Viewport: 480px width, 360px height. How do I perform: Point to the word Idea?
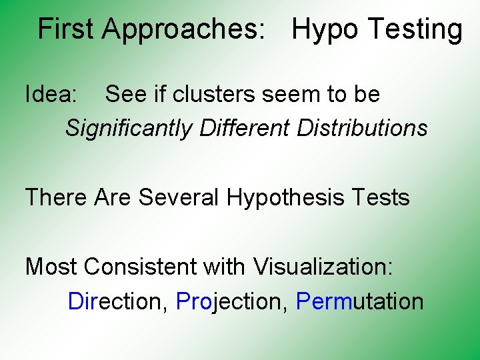coord(51,94)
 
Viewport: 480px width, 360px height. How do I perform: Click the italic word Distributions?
coord(362,127)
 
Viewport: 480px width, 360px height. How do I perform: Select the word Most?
coord(52,267)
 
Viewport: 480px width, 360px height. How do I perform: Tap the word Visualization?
coord(323,267)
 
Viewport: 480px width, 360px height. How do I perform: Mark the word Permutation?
coord(359,301)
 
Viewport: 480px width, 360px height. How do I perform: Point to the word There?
coord(57,197)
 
